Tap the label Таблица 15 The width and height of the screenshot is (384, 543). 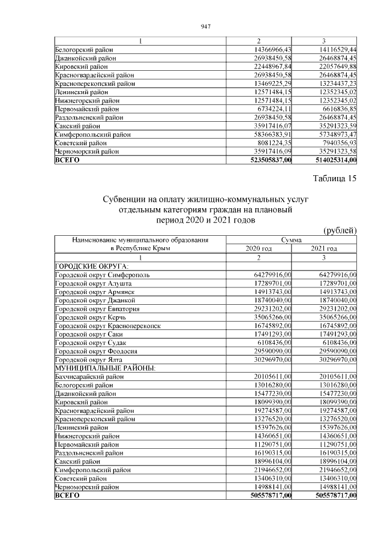(335, 178)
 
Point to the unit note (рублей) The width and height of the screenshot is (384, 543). (340, 230)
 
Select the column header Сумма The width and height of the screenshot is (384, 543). (292, 239)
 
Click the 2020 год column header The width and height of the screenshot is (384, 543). (259, 248)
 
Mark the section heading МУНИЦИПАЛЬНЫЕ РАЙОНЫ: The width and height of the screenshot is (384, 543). (97, 367)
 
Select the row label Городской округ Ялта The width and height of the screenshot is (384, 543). (88, 359)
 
